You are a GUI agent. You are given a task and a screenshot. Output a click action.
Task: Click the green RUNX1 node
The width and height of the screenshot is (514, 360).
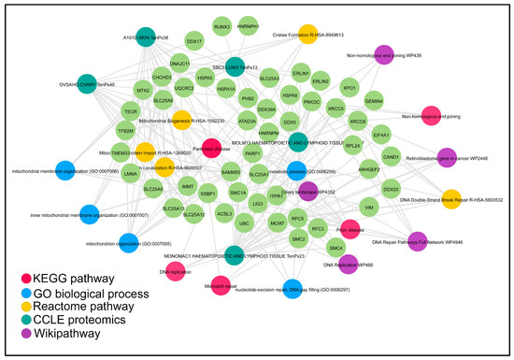pos(221,27)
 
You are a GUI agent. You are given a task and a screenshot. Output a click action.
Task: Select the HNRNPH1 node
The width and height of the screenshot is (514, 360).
pos(250,27)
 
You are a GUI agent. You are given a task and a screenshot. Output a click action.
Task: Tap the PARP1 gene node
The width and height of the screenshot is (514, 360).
pos(252,153)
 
